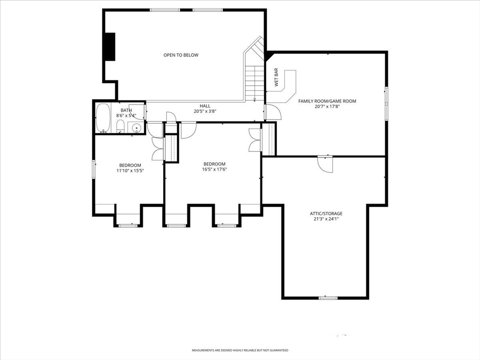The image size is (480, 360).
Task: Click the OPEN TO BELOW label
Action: [x=180, y=55]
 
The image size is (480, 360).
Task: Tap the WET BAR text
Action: [x=276, y=77]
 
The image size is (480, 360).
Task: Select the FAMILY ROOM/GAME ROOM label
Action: [x=327, y=101]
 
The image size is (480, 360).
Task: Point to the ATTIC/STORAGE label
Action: [x=326, y=214]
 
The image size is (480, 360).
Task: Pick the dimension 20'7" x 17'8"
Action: [x=327, y=107]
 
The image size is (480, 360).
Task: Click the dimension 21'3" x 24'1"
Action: [x=326, y=219]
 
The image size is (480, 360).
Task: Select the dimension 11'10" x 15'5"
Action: [x=130, y=171]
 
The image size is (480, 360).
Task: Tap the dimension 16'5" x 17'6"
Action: [x=214, y=169]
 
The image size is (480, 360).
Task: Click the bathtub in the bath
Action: [x=103, y=118]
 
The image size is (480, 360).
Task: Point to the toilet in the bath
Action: [x=120, y=126]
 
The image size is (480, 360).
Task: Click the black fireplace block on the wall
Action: [x=110, y=46]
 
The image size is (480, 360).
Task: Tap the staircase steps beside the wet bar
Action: [x=255, y=82]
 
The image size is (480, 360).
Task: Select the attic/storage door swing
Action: [x=325, y=165]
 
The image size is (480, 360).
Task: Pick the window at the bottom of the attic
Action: [x=328, y=298]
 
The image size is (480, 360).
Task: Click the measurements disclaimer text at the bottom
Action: [x=240, y=350]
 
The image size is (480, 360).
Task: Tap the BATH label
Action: [x=126, y=110]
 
